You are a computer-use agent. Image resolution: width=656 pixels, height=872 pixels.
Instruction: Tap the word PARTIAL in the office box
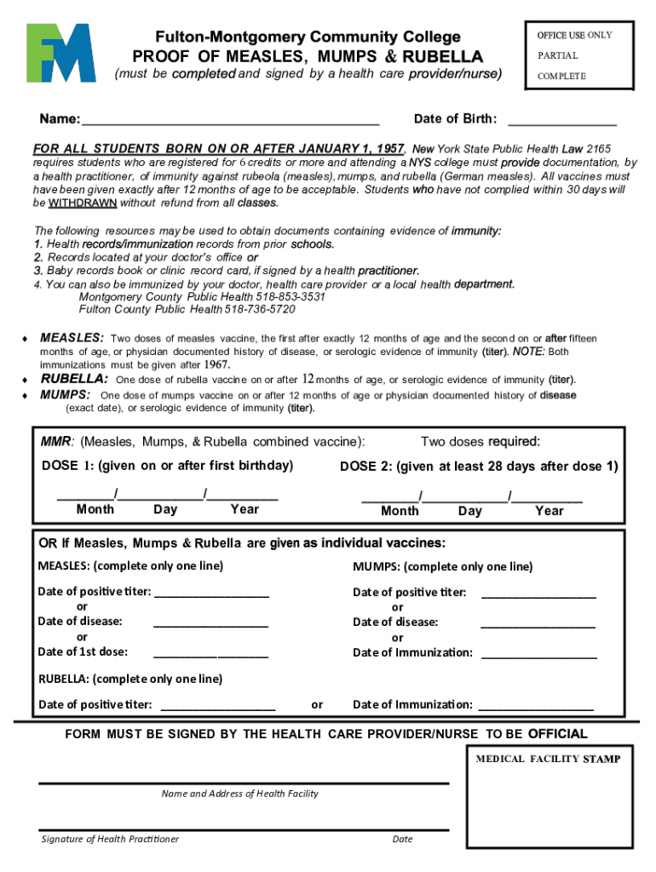tap(557, 55)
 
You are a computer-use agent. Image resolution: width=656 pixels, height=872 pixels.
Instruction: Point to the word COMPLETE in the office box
tap(561, 76)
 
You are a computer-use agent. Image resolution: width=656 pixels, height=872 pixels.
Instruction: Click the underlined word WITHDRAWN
tap(83, 204)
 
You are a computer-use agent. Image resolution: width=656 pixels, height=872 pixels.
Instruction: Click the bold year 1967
tap(217, 364)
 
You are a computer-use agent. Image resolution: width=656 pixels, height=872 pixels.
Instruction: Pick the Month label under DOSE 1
tap(95, 509)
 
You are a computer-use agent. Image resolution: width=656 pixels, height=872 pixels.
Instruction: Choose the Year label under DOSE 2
tap(549, 511)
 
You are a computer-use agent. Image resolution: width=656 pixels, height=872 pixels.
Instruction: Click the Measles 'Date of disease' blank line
tap(210, 626)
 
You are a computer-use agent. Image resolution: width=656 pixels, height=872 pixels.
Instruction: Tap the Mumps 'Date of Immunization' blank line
tap(538, 657)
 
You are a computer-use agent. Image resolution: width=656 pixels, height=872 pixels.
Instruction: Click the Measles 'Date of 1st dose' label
tap(83, 651)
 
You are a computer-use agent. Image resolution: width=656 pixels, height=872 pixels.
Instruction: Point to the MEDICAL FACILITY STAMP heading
tap(548, 759)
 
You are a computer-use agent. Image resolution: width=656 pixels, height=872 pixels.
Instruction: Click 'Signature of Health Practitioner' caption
tap(110, 839)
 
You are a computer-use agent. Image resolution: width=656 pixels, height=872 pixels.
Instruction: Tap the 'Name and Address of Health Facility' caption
tap(239, 794)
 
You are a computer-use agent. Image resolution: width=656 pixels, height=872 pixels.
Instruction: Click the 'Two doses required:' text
tap(480, 441)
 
